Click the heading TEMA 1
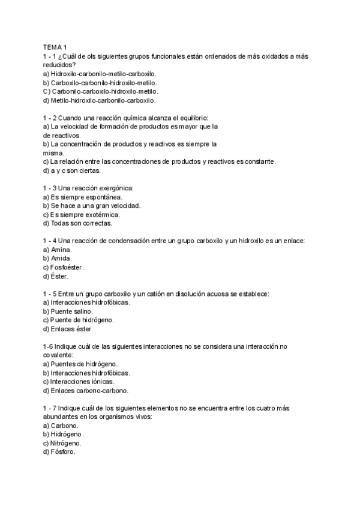coord(55,47)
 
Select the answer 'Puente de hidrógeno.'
coord(78,320)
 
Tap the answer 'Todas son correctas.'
coord(77,223)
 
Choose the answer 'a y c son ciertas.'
coord(72,170)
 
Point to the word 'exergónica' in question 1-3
coord(115,188)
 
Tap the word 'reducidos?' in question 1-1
coord(59,65)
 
